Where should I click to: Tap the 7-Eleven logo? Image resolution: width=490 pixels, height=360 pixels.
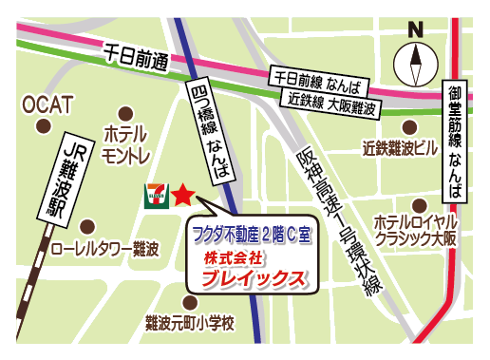point(154,196)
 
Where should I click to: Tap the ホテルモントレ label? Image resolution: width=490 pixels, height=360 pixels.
point(126,143)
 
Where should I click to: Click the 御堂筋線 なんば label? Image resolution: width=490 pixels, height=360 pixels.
point(458,139)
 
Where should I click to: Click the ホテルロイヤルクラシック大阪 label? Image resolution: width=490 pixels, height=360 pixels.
point(416,229)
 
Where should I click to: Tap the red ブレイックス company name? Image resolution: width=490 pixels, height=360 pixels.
point(259,279)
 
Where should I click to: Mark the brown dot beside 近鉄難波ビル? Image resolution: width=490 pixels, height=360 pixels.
point(409,125)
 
